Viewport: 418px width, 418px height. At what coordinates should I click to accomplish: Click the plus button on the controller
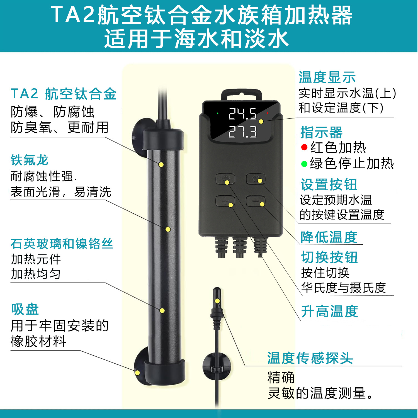click(225, 201)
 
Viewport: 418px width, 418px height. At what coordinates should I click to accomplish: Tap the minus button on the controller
click(256, 201)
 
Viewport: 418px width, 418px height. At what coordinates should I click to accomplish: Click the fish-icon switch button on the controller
click(225, 179)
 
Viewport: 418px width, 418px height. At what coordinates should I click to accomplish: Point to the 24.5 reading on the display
click(242, 114)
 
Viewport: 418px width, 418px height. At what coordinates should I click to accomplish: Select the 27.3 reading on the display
click(242, 132)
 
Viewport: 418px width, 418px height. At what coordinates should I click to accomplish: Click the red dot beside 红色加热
click(304, 147)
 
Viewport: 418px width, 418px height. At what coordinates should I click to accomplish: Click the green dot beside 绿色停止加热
click(304, 164)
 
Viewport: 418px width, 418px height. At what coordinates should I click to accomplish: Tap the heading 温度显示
click(327, 77)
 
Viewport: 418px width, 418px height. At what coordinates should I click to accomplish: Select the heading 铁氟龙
click(30, 160)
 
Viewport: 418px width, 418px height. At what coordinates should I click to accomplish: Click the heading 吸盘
click(25, 309)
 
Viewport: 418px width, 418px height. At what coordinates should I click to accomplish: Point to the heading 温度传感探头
click(310, 358)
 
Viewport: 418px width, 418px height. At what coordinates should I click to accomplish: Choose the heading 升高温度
click(330, 311)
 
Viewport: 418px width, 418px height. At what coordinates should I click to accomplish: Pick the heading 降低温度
click(329, 237)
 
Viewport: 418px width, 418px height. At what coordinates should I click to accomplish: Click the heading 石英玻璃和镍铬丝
click(62, 244)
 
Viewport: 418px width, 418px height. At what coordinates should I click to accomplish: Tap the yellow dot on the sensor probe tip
click(217, 301)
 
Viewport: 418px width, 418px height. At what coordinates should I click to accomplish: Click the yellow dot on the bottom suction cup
click(137, 373)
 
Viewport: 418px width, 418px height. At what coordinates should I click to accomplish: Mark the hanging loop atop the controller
click(242, 95)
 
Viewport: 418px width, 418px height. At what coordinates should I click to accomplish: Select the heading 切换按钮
click(329, 257)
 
